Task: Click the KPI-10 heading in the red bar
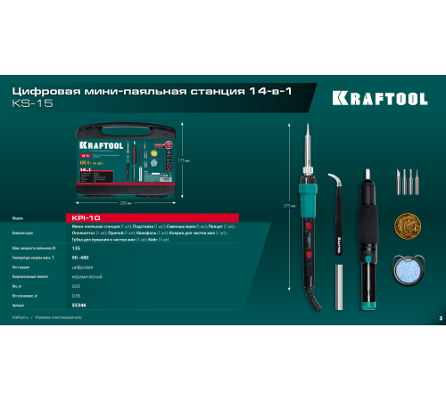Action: [80, 217]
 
